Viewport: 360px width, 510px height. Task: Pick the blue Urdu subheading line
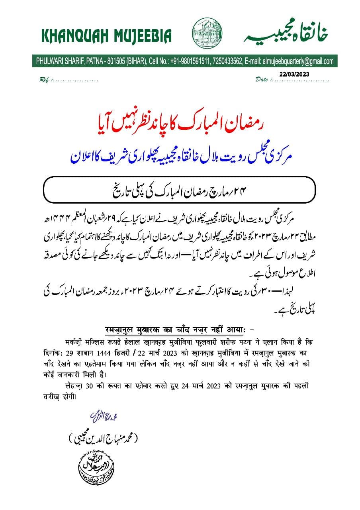(180, 156)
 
